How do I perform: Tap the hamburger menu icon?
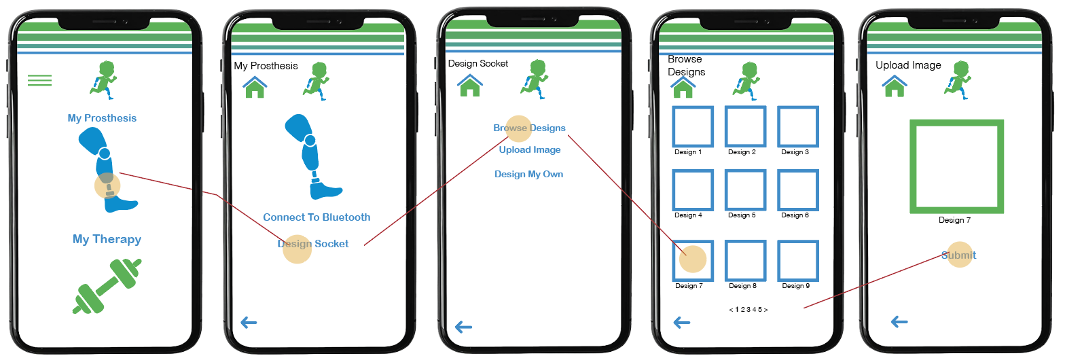(x=39, y=80)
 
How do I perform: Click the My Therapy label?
(x=107, y=239)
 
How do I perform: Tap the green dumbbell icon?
(x=107, y=286)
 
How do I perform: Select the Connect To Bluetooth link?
(x=317, y=217)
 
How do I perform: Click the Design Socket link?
(x=313, y=244)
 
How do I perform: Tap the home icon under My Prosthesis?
(x=255, y=87)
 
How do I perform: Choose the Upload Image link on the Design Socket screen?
(x=530, y=149)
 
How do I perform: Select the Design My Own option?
(x=528, y=174)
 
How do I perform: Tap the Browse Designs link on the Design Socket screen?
(x=529, y=128)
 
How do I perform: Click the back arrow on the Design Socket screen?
(x=463, y=327)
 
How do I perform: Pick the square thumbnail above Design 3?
(x=797, y=126)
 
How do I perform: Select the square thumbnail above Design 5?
(x=745, y=190)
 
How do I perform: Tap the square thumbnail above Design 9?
(x=797, y=261)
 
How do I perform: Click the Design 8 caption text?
(x=742, y=286)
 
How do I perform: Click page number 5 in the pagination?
(x=760, y=310)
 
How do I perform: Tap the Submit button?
(x=958, y=255)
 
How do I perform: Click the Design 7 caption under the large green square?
(x=954, y=220)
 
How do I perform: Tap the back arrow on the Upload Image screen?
(x=899, y=321)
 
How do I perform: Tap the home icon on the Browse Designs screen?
(x=683, y=87)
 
